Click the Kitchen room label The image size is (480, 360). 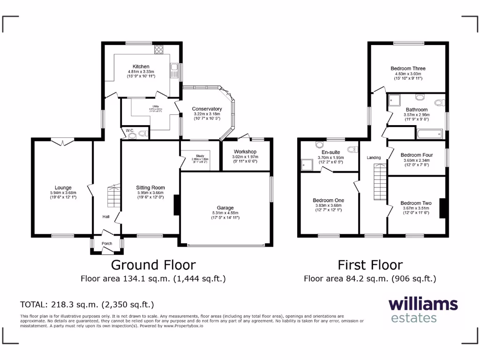pos(141,67)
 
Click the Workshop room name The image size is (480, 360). pos(245,151)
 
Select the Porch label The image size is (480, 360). pos(106,243)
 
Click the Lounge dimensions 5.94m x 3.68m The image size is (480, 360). pos(62,193)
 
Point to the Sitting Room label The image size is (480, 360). pos(150,187)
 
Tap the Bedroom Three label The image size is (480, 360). pos(408,68)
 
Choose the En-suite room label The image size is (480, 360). pos(330,152)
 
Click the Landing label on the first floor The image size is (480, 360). pos(374,157)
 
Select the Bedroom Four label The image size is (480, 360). pos(416,155)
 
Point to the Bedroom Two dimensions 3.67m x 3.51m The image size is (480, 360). pos(416,208)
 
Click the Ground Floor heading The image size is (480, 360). pos(153,265)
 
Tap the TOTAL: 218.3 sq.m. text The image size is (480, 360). pos(87,304)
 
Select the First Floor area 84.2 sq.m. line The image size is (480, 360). pos(370,278)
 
